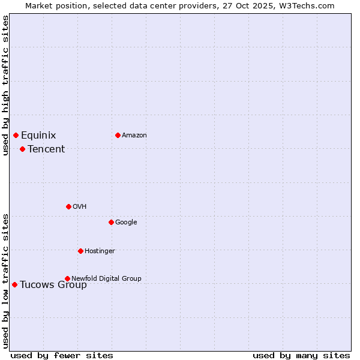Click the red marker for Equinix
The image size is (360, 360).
[x=16, y=135]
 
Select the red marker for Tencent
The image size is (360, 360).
[x=22, y=149]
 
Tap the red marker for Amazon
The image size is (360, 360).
[x=118, y=135]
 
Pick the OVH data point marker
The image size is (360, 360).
[x=68, y=206]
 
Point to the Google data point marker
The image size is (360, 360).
[x=111, y=222]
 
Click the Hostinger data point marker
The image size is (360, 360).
[x=80, y=251]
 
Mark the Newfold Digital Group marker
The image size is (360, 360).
[x=67, y=278]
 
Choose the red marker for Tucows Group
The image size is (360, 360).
[x=14, y=284]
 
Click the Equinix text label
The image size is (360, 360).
[x=38, y=136]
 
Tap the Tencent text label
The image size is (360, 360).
[x=46, y=149]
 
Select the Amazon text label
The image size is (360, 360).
[x=134, y=136]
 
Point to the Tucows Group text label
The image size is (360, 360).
[x=53, y=285]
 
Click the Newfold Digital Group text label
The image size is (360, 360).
[x=107, y=278]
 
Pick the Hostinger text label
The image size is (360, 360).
[x=100, y=251]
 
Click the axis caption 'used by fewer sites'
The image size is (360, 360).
[x=62, y=355]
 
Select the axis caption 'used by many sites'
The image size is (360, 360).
[x=301, y=355]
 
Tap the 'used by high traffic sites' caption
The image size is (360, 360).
[x=6, y=85]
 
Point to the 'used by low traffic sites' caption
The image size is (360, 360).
[x=6, y=281]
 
